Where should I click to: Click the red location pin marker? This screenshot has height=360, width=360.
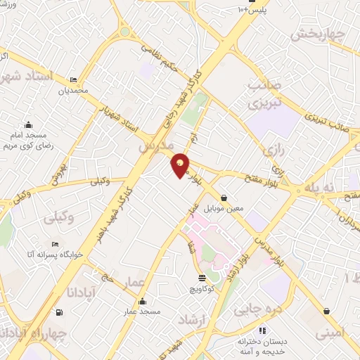181,165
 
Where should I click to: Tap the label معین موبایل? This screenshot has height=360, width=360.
223,209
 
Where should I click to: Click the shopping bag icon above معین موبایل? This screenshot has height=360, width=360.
224,198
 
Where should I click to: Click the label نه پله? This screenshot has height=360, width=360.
317,186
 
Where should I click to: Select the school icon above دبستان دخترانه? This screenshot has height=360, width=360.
262,330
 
